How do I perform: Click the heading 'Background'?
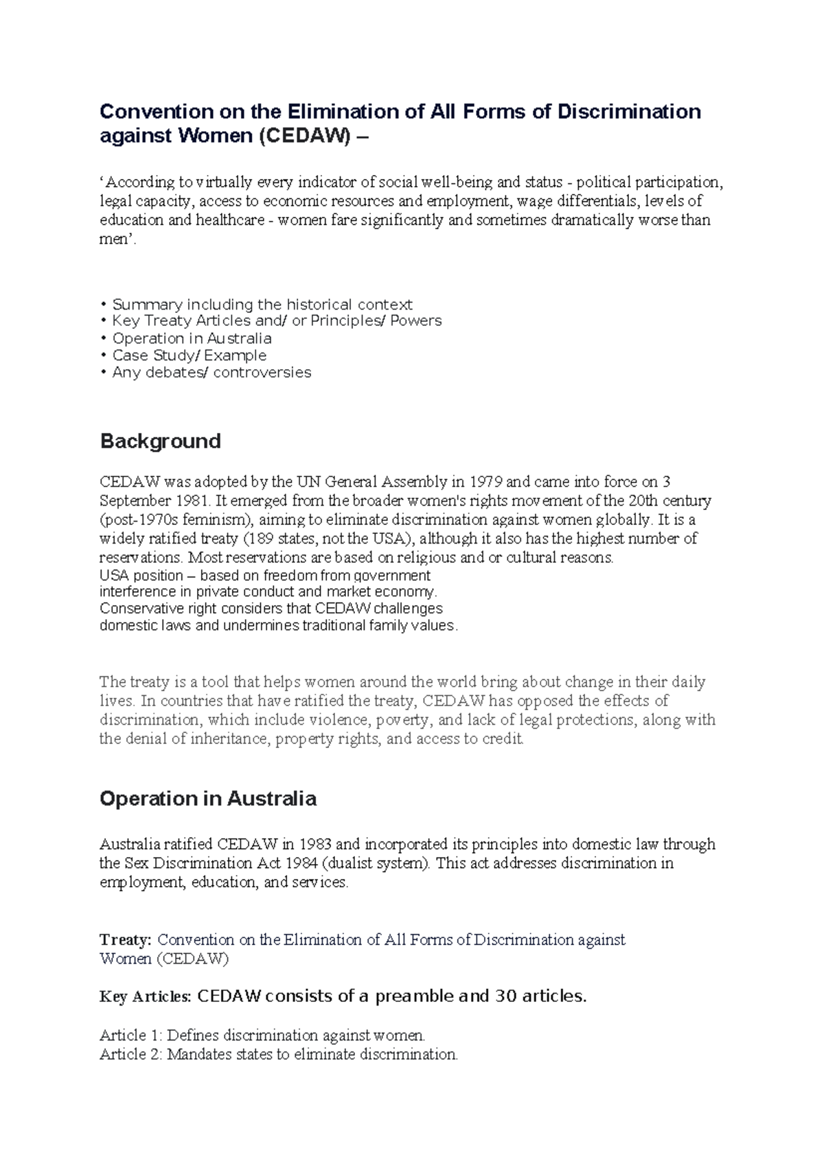coord(160,441)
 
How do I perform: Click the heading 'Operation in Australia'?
coord(207,799)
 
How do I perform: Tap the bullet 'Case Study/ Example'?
coord(189,356)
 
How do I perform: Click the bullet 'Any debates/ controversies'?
coord(211,373)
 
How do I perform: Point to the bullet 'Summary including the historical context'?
coord(262,304)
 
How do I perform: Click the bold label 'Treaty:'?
coord(126,940)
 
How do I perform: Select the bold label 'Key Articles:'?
coord(145,997)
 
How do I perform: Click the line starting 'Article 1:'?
coord(262,1035)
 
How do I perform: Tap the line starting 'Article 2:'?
coord(278,1054)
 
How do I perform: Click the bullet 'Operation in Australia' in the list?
coord(192,338)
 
